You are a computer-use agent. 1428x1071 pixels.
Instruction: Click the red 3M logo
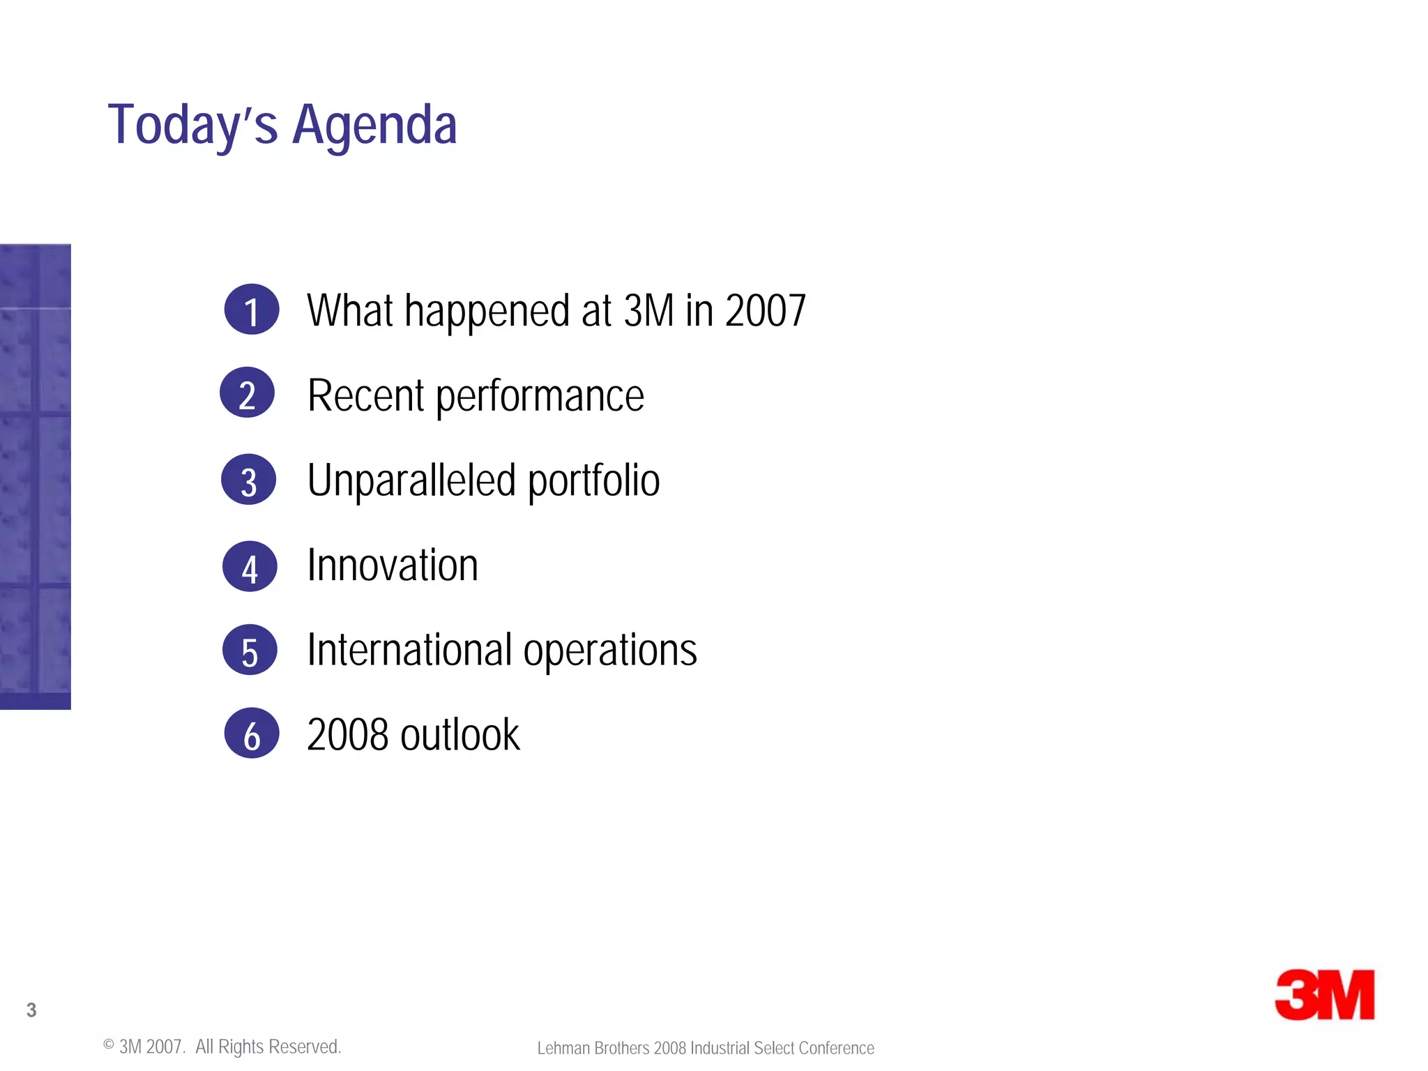point(1324,994)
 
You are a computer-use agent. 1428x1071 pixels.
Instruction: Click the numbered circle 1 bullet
point(252,310)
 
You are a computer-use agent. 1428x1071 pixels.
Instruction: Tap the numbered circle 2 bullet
point(248,393)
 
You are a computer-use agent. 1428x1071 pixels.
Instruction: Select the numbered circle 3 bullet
point(249,480)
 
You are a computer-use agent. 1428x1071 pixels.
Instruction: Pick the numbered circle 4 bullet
point(250,566)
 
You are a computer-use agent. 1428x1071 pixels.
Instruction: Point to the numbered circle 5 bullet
point(250,650)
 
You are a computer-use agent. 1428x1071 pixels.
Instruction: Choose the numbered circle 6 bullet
point(252,734)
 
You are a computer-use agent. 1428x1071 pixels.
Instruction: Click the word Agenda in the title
point(374,126)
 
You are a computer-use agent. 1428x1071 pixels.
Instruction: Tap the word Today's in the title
point(192,126)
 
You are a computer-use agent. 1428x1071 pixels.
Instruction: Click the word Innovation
point(393,565)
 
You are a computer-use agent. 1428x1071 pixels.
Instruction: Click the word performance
point(540,396)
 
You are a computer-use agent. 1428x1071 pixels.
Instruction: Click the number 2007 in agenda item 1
point(765,310)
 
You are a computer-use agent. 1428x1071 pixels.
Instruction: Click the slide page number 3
point(31,1010)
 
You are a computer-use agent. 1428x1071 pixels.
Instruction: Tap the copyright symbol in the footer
point(109,1045)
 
